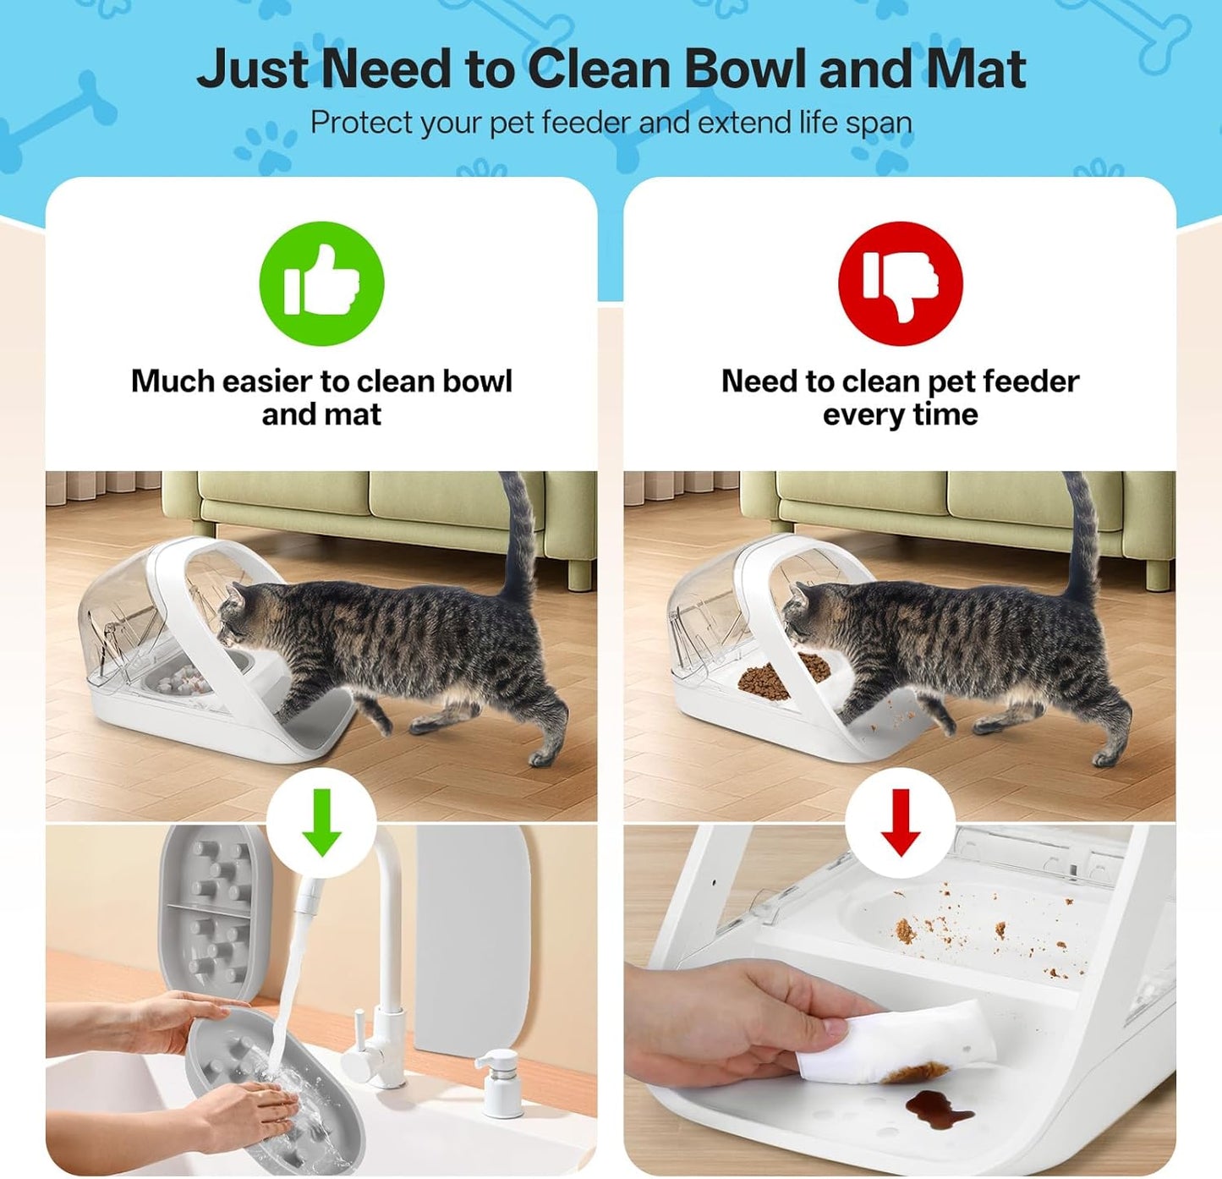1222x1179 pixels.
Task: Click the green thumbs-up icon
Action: click(x=321, y=283)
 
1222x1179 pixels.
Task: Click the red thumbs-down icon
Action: click(x=900, y=283)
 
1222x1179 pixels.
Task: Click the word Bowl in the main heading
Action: click(x=744, y=69)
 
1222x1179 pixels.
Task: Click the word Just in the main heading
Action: click(x=252, y=69)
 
